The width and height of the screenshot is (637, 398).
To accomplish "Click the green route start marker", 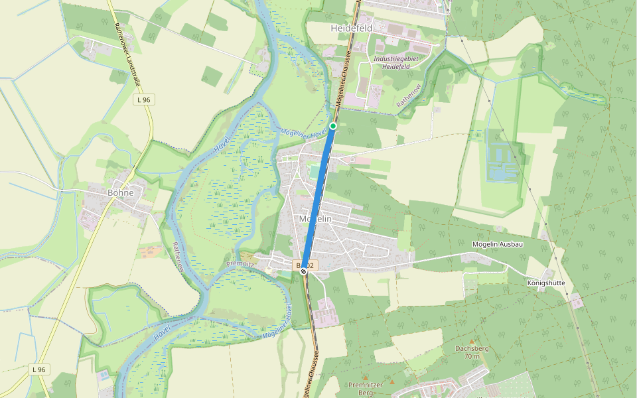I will coord(333,126).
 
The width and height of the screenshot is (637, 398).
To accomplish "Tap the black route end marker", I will coord(303,271).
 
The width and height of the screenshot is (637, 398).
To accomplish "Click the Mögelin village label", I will coord(315,219).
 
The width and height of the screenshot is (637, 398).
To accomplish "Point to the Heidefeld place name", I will coord(351,29).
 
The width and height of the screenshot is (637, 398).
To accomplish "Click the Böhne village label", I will coord(120,193).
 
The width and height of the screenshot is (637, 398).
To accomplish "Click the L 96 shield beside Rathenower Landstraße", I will coord(142,99).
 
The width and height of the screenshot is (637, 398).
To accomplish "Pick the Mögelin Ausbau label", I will coord(498,244).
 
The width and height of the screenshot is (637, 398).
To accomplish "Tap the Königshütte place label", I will coord(546,283).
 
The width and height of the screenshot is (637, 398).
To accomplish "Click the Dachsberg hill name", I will coord(472,348).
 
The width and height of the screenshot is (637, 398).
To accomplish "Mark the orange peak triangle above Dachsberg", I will coord(472,342).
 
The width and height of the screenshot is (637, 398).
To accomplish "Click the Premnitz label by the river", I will coord(240,263).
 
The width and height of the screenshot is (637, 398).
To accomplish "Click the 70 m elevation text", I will coord(472,356).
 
